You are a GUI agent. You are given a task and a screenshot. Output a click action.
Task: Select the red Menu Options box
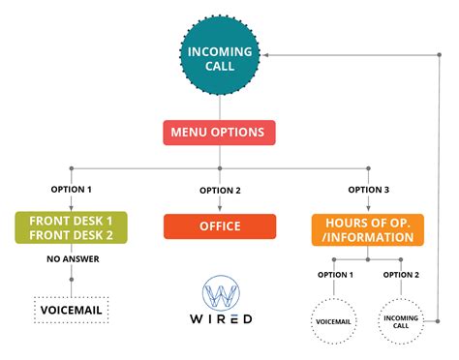point(220,133)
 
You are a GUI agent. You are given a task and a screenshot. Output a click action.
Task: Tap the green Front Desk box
point(71,228)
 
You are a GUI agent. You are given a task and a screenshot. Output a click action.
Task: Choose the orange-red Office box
point(220,227)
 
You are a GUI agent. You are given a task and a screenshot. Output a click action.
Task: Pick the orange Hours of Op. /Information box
point(368,228)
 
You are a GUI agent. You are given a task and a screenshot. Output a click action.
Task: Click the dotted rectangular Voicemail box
point(71,311)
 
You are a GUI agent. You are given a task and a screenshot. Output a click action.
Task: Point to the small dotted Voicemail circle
point(334,321)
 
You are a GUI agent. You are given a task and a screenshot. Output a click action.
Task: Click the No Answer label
point(71,258)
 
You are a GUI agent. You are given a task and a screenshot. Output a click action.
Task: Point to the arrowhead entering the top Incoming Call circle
point(268,54)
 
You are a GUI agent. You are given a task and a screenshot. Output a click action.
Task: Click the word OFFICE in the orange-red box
point(220,227)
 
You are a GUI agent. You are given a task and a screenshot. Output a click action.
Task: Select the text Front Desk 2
point(71,236)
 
